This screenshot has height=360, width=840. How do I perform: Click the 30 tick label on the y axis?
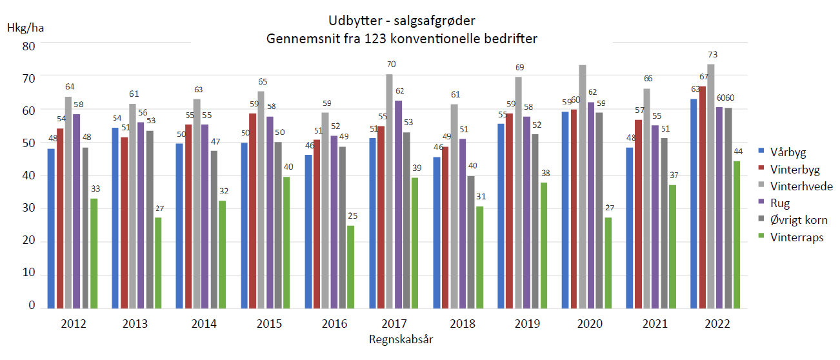click(x=28, y=208)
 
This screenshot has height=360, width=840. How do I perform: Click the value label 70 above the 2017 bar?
click(x=391, y=65)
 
